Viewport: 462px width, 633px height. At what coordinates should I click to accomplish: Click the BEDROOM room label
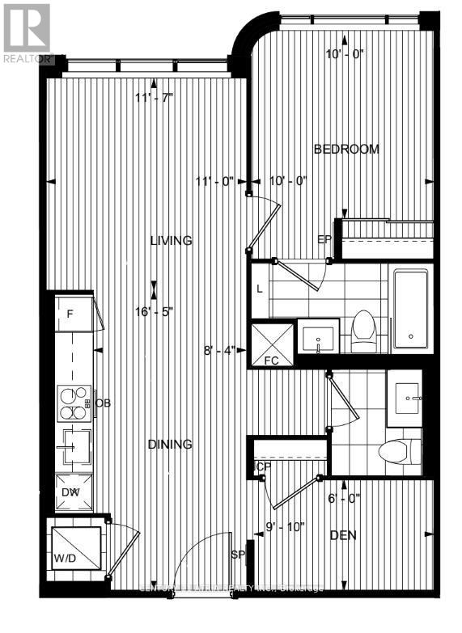click(x=346, y=149)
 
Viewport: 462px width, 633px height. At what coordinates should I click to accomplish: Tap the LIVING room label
click(x=170, y=240)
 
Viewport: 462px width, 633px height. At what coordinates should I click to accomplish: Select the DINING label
click(x=170, y=444)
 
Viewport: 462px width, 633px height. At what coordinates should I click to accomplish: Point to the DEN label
click(x=343, y=535)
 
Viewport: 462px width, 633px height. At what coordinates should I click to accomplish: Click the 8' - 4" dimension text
click(x=219, y=351)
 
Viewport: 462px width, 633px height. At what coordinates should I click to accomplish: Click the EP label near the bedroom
click(x=324, y=239)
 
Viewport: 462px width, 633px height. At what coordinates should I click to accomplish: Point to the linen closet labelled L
click(x=259, y=289)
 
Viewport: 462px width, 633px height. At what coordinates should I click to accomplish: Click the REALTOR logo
click(x=27, y=32)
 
